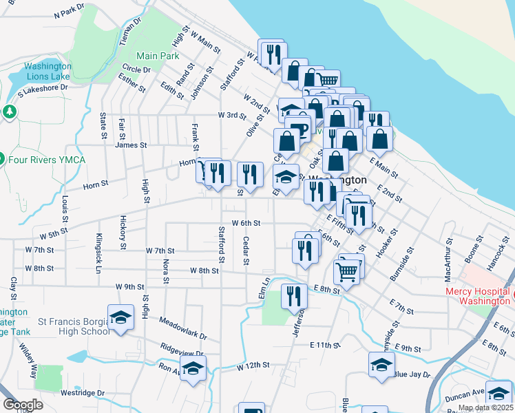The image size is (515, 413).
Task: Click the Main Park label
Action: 158,56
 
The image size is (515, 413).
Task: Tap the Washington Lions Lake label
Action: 48,72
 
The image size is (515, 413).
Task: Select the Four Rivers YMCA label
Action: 47,160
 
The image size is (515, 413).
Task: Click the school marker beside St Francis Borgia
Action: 121,318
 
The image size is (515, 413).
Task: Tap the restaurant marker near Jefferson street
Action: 295,297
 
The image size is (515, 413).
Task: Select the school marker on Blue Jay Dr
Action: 381,366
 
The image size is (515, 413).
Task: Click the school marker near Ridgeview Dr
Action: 193,369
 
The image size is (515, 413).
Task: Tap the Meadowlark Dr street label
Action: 182,329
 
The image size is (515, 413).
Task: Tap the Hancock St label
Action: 494,254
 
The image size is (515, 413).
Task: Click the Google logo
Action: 23,405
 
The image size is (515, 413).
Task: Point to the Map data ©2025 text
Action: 485,407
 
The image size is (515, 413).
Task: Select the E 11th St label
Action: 326,344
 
